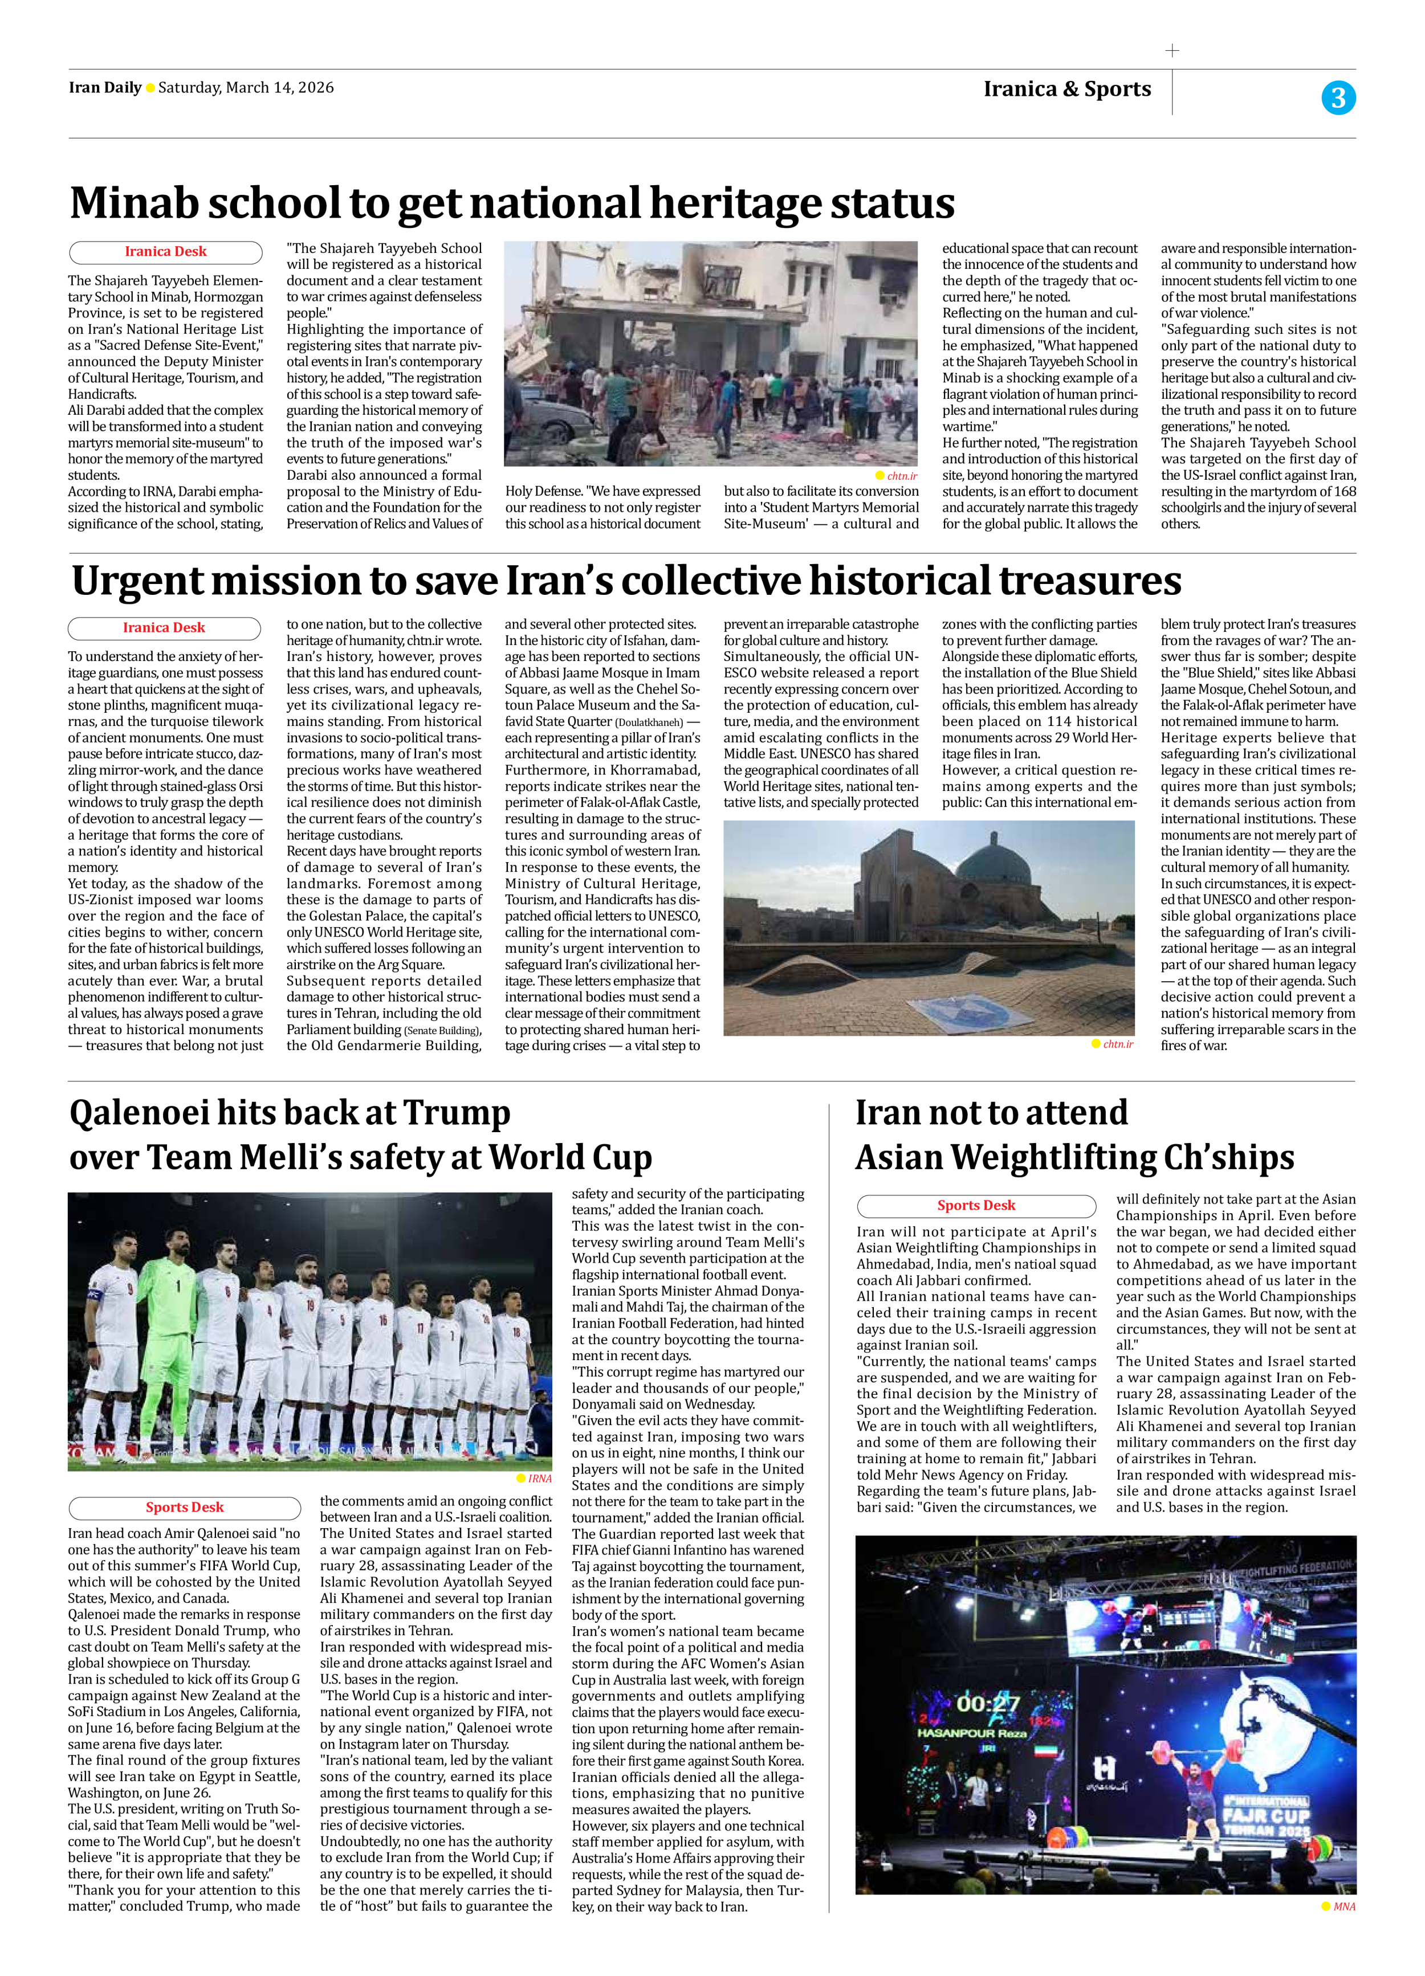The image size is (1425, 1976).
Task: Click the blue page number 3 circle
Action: click(x=1338, y=97)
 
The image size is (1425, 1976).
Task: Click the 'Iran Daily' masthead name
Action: click(x=104, y=87)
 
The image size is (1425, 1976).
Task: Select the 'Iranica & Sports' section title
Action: click(x=1067, y=89)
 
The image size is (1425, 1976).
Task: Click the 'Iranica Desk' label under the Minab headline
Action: click(x=166, y=252)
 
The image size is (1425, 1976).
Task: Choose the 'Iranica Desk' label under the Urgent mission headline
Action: click(x=164, y=627)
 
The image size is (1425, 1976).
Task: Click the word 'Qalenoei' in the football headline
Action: click(x=140, y=1113)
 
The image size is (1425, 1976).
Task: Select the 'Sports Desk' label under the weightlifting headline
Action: click(x=976, y=1206)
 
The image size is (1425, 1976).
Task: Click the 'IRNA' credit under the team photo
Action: click(x=539, y=1479)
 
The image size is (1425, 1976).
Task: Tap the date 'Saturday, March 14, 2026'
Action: click(x=246, y=87)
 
